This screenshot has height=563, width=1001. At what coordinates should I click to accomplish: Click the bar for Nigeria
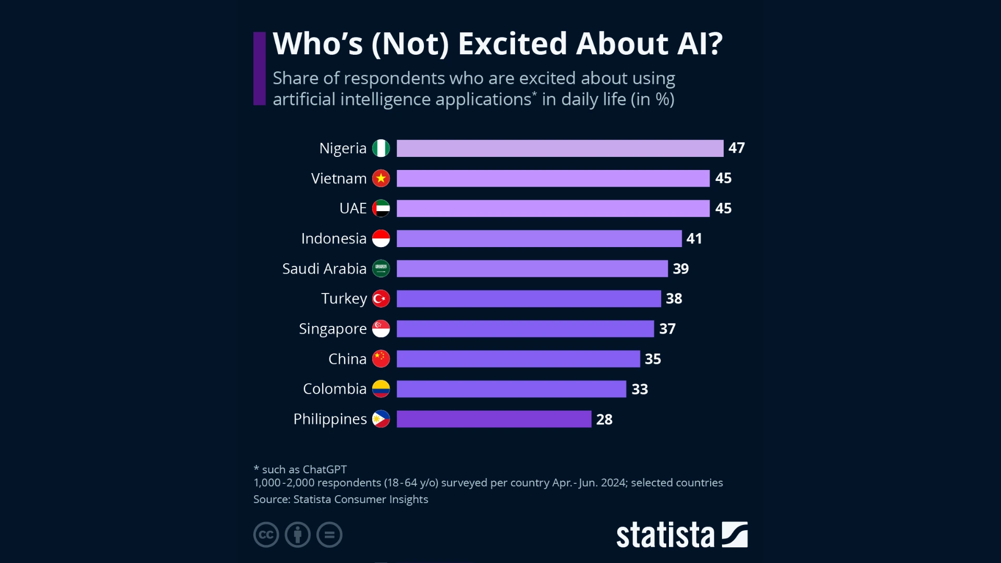point(559,148)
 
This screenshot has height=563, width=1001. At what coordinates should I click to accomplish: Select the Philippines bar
point(494,419)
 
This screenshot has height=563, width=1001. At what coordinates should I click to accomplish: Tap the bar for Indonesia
point(539,238)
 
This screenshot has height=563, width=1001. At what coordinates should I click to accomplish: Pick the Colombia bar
point(511,389)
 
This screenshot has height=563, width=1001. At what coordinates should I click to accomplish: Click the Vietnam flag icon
point(381,178)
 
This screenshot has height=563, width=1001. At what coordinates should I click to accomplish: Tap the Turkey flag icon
point(381,299)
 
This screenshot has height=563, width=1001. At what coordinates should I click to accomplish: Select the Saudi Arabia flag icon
point(381,268)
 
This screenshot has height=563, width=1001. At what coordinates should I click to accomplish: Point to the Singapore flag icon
point(381,329)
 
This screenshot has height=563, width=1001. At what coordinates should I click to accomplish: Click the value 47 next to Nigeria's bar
point(737,148)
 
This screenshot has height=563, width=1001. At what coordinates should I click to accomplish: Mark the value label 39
point(681,268)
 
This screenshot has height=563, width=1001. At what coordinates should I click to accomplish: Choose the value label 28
point(604,419)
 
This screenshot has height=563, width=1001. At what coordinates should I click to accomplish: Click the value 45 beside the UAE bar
point(723,208)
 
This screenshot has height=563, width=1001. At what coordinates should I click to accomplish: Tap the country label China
point(347,359)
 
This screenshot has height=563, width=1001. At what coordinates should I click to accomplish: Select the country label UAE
point(353,208)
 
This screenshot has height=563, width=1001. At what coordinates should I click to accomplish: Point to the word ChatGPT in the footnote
point(324,469)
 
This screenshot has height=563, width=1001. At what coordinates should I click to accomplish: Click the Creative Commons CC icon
point(266,534)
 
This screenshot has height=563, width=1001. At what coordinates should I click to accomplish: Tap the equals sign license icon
point(329,534)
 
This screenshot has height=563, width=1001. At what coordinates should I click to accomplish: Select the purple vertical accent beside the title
point(259,68)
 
